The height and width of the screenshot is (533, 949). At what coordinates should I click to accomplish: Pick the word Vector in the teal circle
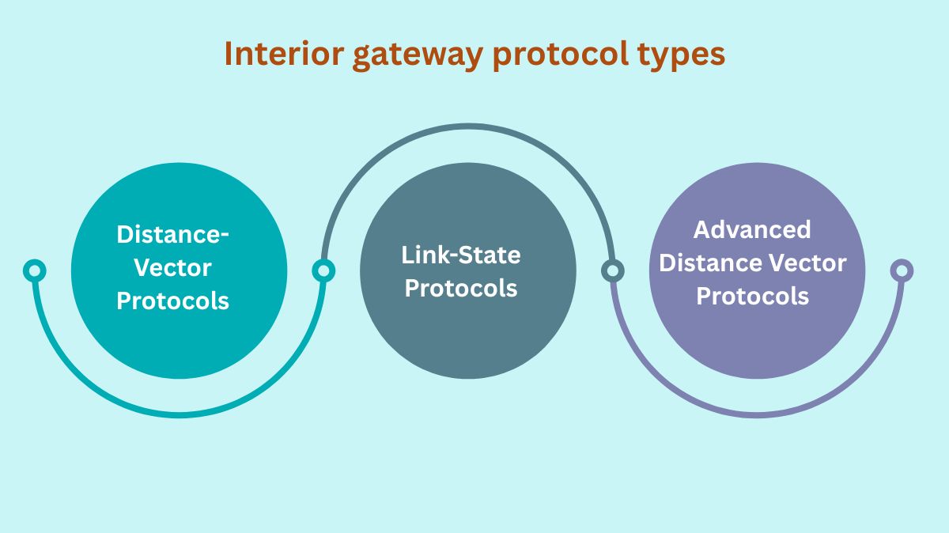(172, 267)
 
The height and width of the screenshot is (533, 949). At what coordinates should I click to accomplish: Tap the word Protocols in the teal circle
(172, 301)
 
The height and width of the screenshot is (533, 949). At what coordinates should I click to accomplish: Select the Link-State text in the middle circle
(461, 255)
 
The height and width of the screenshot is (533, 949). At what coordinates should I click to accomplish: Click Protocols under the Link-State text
(461, 288)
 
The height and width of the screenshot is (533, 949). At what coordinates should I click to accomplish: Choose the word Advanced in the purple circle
(752, 229)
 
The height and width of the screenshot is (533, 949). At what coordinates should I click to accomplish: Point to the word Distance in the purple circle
(709, 263)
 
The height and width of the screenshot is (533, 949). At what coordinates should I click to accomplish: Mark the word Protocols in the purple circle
(752, 296)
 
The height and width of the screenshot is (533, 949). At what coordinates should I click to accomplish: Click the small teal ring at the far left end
(34, 271)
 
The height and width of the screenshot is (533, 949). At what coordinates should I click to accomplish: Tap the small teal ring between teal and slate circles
(323, 271)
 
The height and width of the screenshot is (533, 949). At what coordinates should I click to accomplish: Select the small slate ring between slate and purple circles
(611, 271)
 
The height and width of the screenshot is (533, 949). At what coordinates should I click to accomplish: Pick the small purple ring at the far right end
(901, 271)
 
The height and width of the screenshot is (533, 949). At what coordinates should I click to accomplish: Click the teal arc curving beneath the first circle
(179, 414)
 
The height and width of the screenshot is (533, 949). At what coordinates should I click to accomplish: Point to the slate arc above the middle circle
(467, 127)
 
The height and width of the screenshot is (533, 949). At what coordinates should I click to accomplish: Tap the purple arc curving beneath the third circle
(756, 414)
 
